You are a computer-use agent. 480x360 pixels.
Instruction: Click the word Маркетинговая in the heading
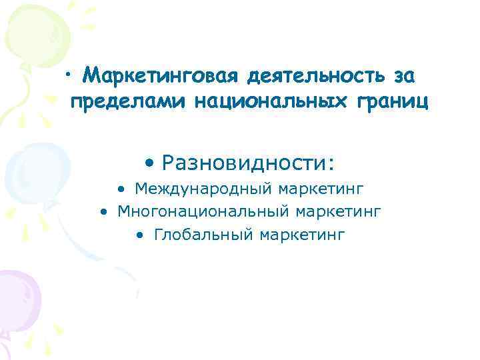point(160,77)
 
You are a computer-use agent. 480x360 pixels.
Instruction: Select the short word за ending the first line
point(404,77)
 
